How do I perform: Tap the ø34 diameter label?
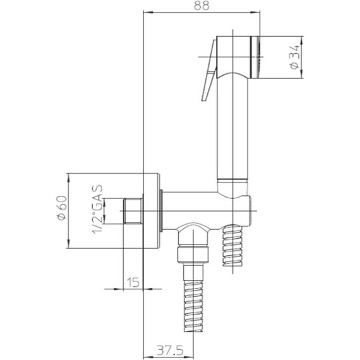click(x=294, y=57)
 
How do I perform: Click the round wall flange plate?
click(x=152, y=210)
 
